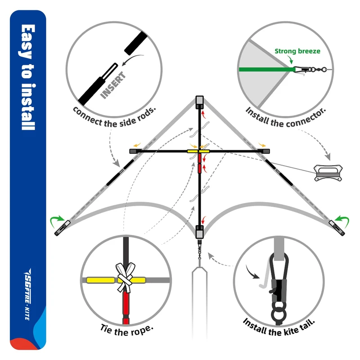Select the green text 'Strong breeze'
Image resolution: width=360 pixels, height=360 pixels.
[x=297, y=51]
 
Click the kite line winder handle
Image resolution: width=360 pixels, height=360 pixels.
[x=328, y=172]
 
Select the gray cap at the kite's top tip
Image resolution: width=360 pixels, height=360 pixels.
[x=199, y=101]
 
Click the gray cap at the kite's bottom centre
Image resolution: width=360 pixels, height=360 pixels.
[x=199, y=231]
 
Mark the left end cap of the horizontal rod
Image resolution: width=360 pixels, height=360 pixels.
[x=134, y=151]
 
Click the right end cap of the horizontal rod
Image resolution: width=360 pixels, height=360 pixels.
[x=265, y=151]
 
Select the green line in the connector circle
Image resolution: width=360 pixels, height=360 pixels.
[x=265, y=69]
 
